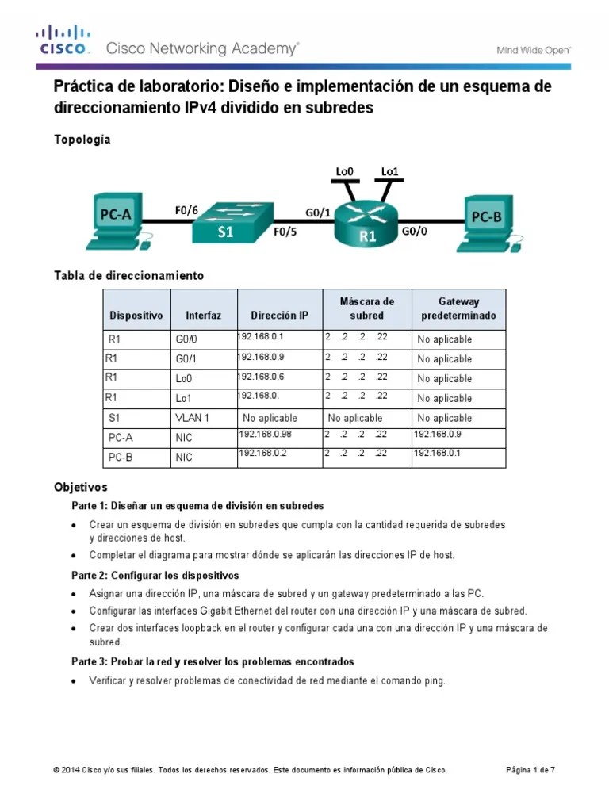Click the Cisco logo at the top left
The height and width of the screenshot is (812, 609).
tap(63, 40)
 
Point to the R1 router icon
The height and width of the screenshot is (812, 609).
tap(366, 224)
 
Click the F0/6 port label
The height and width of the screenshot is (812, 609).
tap(186, 210)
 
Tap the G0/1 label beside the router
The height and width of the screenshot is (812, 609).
tap(319, 212)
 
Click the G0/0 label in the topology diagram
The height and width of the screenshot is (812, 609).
tap(414, 232)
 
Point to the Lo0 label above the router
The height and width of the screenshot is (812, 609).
tap(345, 171)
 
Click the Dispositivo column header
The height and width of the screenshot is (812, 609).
tap(136, 316)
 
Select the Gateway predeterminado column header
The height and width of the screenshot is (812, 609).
tap(458, 308)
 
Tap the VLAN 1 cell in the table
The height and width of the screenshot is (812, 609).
tap(192, 418)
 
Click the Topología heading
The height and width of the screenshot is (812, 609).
tap(82, 140)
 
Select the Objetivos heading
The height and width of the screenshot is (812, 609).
tap(80, 487)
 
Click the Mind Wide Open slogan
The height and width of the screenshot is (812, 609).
tap(534, 50)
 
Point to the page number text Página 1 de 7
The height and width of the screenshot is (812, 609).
tap(530, 770)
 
